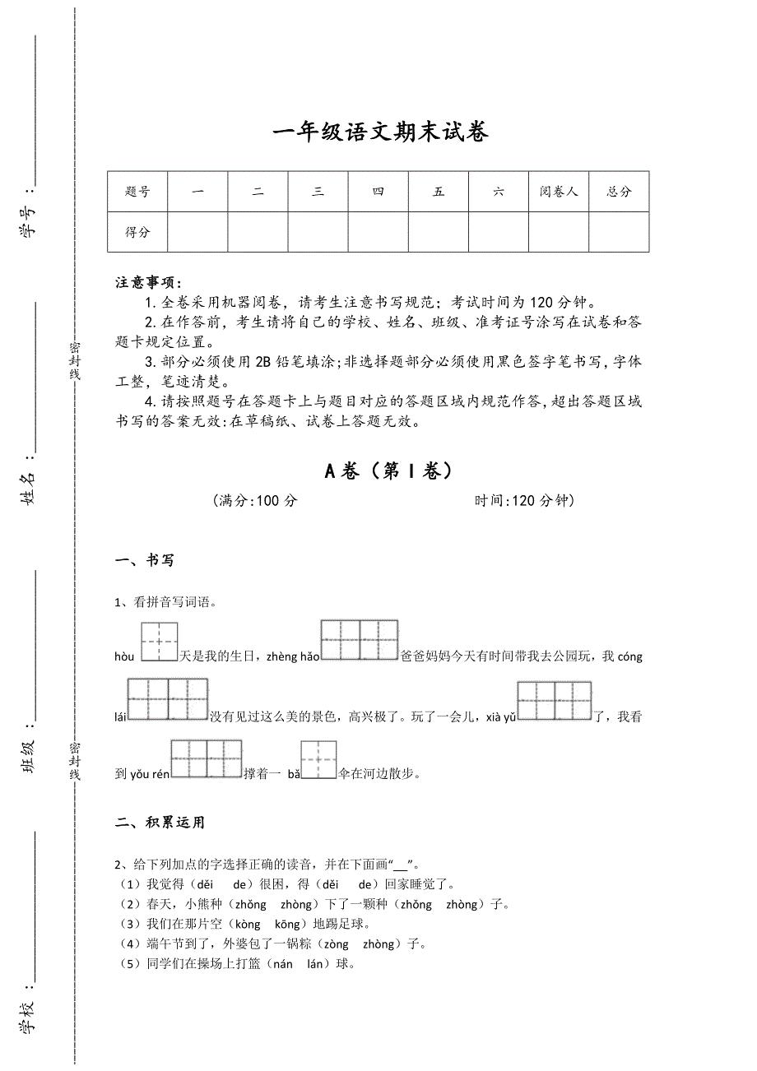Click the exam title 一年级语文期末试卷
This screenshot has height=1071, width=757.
[379, 132]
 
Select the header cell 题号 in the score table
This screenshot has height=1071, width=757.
[137, 192]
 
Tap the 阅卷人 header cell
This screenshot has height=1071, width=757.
[559, 192]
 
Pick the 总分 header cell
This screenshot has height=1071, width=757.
[619, 192]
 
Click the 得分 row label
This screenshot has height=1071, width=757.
[137, 232]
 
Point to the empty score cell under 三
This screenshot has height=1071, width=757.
[318, 232]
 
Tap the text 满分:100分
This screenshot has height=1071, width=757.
[254, 501]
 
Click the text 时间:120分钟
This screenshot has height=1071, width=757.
[524, 501]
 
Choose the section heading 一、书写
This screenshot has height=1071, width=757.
[145, 561]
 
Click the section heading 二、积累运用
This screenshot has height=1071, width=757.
[160, 823]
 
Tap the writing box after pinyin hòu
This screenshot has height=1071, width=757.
[159, 642]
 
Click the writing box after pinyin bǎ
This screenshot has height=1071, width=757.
[318, 759]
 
